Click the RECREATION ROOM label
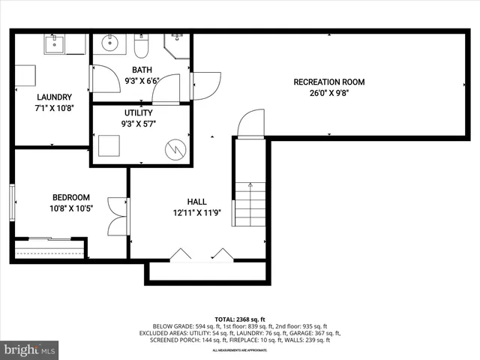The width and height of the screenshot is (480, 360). click(x=328, y=82)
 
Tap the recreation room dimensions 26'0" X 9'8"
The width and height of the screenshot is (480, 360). click(x=328, y=94)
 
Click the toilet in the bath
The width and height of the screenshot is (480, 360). click(x=142, y=47)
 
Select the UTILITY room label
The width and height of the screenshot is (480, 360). click(x=139, y=112)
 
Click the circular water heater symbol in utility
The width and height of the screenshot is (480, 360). click(x=175, y=148)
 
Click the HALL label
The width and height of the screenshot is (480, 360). click(x=197, y=202)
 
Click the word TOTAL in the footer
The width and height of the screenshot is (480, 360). click(x=225, y=319)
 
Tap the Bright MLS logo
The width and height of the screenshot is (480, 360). click(x=30, y=349)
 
